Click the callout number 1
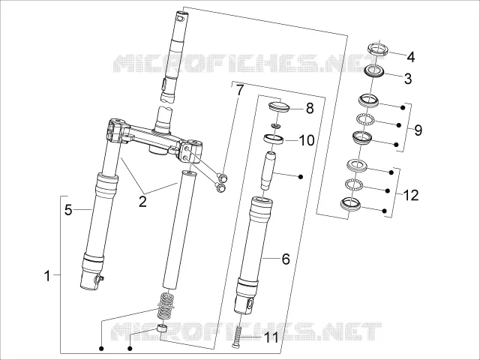tap(46, 276)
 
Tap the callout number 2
tap(142, 202)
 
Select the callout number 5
tap(68, 210)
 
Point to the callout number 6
tap(286, 259)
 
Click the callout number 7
tap(240, 90)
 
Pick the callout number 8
tap(310, 108)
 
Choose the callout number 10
tap(307, 140)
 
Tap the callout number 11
tap(271, 337)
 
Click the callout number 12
tap(411, 195)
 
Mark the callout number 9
tap(418, 130)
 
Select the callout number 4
tap(411, 57)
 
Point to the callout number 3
tap(408, 79)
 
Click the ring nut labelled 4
tap(378, 49)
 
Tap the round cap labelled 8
tap(279, 106)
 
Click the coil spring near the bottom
tap(166, 306)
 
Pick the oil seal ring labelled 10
tap(274, 139)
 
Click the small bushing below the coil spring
tap(161, 330)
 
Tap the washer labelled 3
tap(374, 71)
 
